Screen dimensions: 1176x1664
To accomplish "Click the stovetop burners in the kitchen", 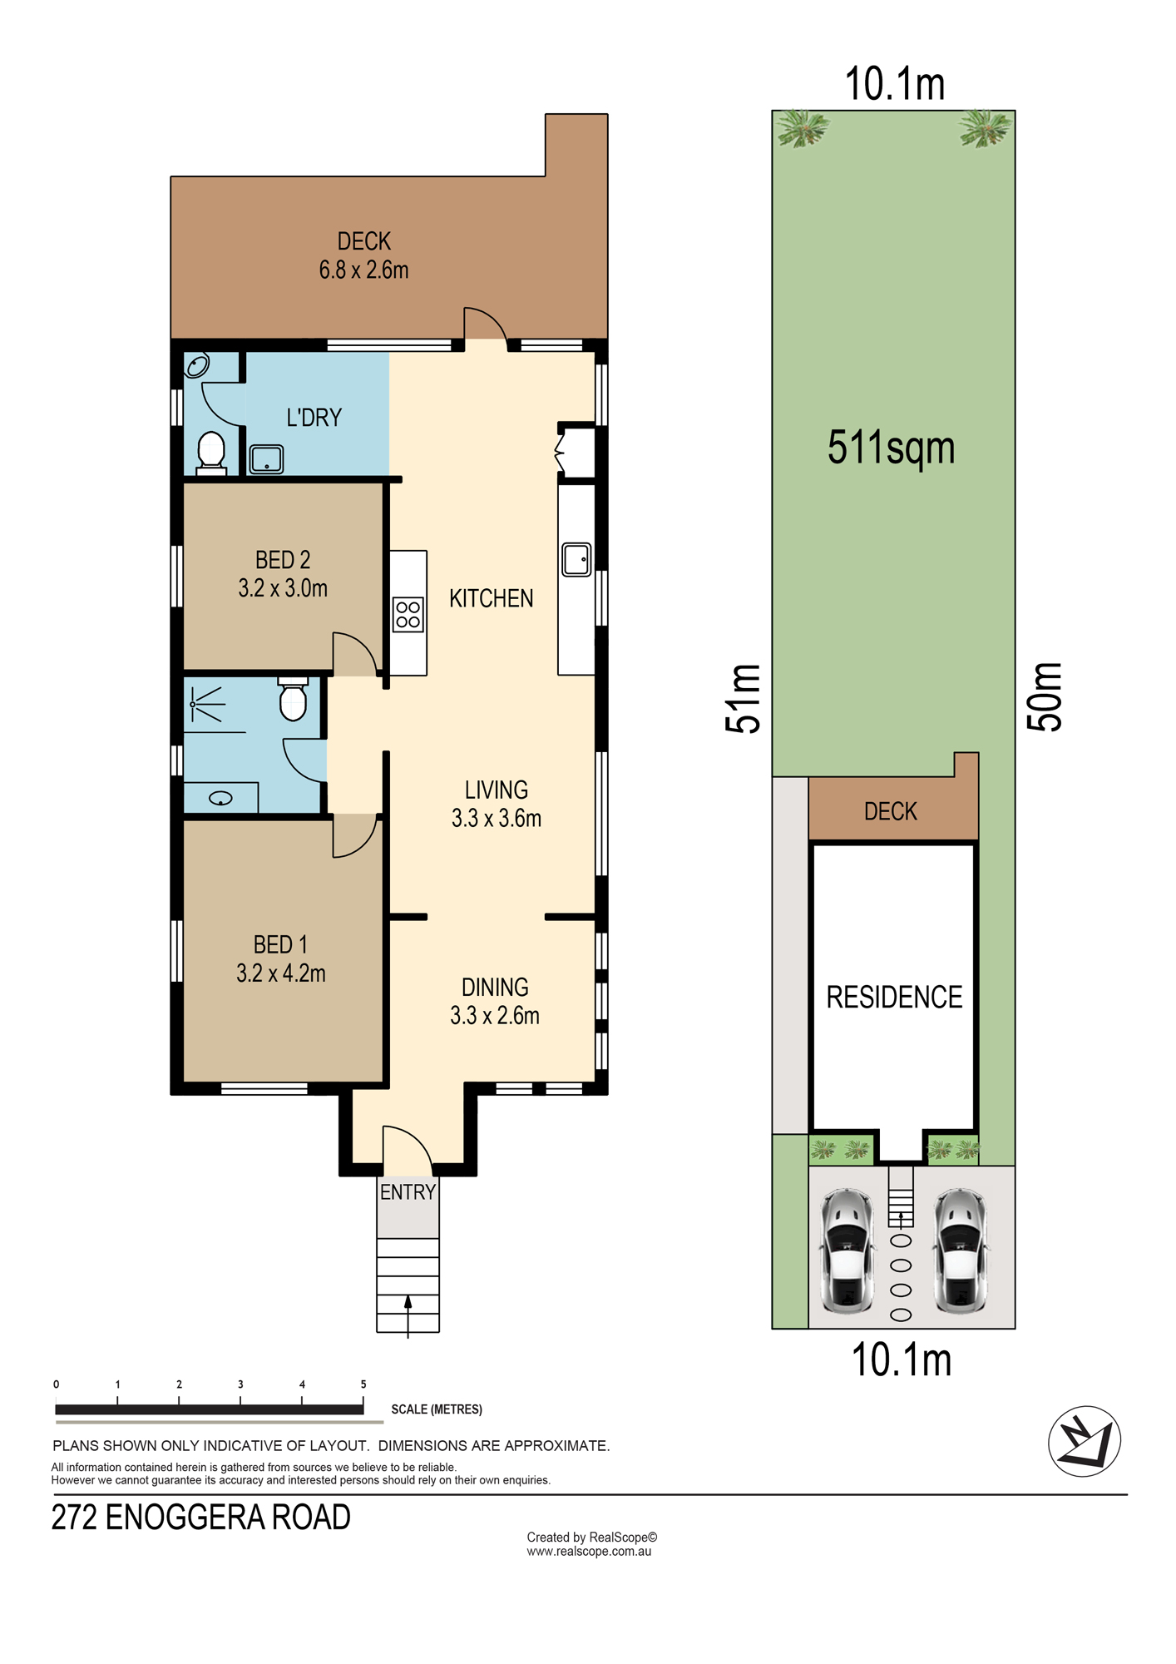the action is (408, 615).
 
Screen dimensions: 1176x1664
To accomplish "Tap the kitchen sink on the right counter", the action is (576, 559).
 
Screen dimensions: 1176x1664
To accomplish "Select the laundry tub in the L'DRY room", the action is (266, 459).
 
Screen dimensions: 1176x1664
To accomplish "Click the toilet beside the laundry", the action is (211, 453).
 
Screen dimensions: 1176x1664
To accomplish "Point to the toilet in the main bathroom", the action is (293, 699).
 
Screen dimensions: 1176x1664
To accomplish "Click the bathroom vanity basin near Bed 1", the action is (220, 799).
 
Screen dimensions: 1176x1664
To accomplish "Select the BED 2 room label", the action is (283, 560).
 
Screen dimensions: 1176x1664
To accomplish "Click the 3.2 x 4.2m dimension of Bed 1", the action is (281, 973).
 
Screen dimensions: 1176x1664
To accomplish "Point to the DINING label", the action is (495, 988).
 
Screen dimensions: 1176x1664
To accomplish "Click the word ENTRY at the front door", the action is (408, 1192).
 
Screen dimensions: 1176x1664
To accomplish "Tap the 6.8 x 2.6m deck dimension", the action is (363, 270).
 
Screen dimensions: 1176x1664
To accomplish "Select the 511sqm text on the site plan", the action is (891, 448).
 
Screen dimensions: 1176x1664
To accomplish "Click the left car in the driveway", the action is (847, 1251).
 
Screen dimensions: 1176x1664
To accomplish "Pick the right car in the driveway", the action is (961, 1251).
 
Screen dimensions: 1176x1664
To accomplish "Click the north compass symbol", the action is (1085, 1441).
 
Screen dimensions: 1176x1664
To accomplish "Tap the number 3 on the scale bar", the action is (240, 1384).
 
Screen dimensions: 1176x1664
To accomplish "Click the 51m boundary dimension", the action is (743, 699).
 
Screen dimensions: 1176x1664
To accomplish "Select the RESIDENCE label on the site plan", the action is (894, 997).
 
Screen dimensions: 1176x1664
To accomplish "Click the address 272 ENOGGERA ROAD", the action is (201, 1518).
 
